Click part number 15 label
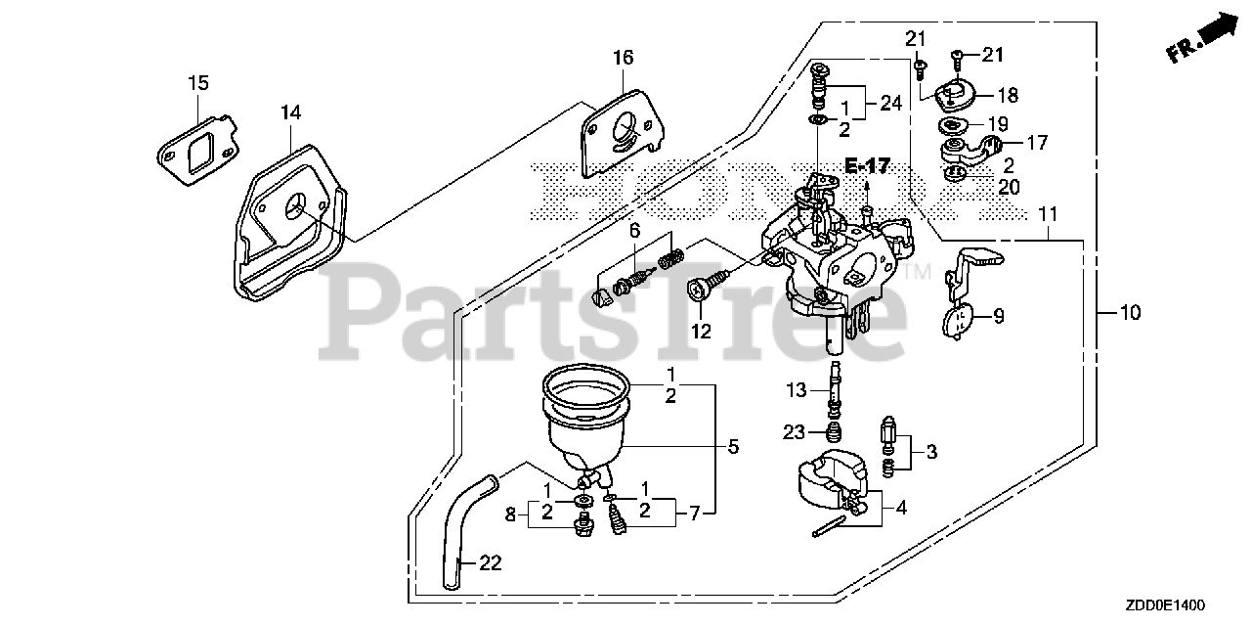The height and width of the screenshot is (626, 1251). (x=198, y=83)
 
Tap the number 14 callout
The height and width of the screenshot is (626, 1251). (x=289, y=112)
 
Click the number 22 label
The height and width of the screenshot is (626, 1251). (x=492, y=562)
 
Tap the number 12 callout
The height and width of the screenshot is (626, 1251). (x=701, y=331)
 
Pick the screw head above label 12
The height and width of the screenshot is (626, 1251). (x=700, y=291)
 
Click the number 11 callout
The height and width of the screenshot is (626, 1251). (x=1048, y=213)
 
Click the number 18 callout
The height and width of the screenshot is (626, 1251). (x=1007, y=95)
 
